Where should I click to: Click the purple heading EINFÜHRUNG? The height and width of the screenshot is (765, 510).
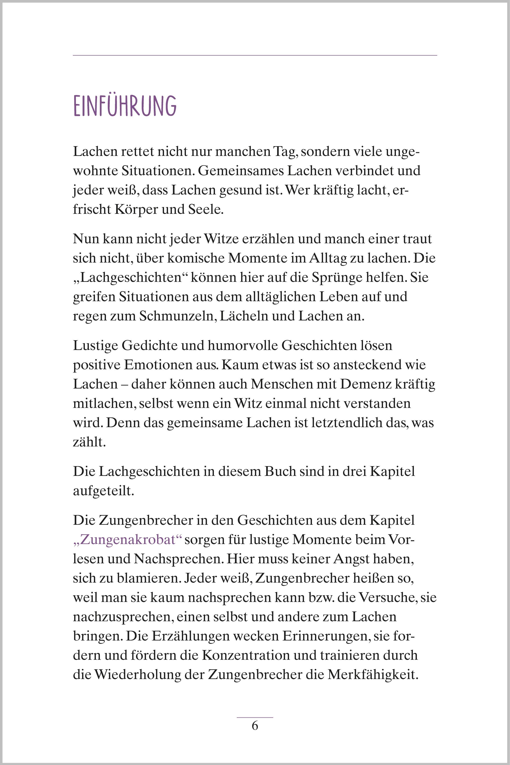(x=125, y=106)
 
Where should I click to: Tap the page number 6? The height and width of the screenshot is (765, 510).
(x=255, y=726)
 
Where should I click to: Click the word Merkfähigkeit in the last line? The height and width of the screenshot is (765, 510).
(x=372, y=675)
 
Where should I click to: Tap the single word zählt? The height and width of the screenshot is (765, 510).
(x=89, y=442)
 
